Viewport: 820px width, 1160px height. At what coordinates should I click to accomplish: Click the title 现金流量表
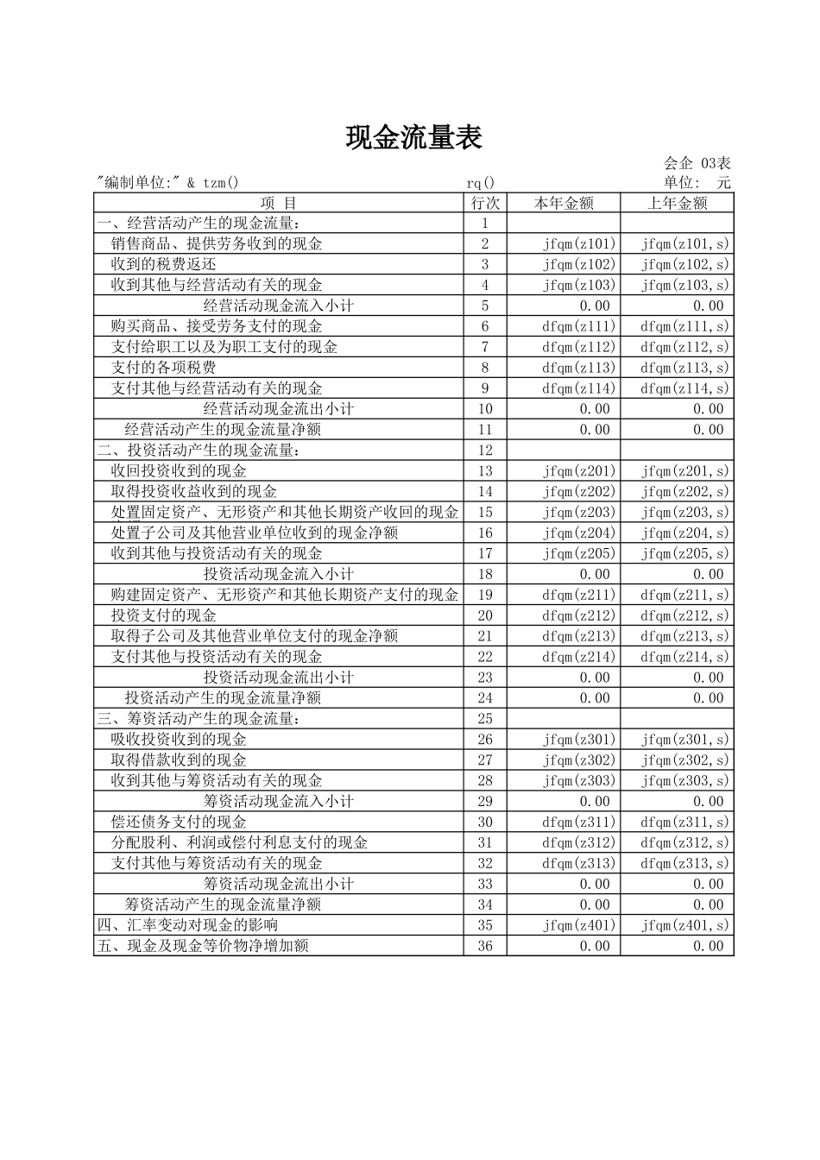click(x=413, y=137)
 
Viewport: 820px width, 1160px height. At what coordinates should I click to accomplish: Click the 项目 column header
click(x=278, y=203)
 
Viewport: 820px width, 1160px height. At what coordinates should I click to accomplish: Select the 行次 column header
click(x=485, y=203)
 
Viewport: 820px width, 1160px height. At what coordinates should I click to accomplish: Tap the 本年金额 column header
click(x=564, y=203)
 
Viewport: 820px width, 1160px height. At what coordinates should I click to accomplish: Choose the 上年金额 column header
click(x=678, y=203)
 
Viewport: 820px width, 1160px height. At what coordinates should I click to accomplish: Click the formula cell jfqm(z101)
click(x=579, y=243)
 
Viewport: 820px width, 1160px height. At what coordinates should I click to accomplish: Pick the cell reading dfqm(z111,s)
click(x=684, y=326)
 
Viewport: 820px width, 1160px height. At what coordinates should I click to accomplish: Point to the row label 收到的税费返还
click(x=163, y=264)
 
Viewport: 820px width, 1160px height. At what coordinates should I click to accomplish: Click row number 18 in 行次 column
click(x=485, y=574)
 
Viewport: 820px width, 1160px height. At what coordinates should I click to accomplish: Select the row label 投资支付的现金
click(x=163, y=615)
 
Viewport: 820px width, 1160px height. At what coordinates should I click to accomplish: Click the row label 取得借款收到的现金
click(x=179, y=760)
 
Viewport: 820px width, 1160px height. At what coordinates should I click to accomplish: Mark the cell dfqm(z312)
click(x=579, y=842)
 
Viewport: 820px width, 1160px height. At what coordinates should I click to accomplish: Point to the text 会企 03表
click(x=697, y=163)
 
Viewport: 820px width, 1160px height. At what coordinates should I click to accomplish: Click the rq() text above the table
click(x=481, y=182)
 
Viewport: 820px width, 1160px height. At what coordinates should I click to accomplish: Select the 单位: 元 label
click(x=697, y=182)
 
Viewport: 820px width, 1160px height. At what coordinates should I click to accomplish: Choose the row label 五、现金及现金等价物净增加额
click(x=203, y=946)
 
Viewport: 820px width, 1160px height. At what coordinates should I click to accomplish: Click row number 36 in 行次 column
click(x=485, y=946)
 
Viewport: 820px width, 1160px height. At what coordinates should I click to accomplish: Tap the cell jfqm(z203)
click(x=579, y=512)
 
